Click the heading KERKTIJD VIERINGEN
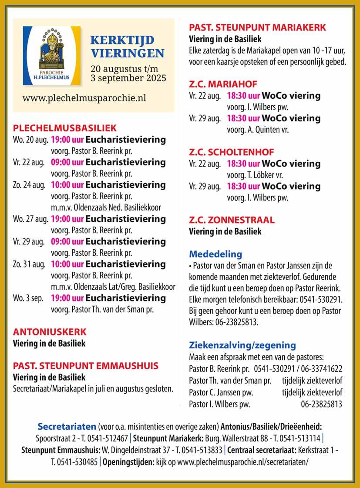tap(127, 47)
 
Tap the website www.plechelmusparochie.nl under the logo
tap(84, 97)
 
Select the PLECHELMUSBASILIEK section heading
tap(65, 128)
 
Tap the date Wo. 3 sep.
tap(27, 299)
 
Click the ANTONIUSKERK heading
tap(50, 331)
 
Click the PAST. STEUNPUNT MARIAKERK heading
tap(257, 28)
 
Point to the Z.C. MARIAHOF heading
tap(223, 84)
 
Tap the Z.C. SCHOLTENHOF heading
tap(232, 152)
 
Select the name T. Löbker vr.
tap(266, 175)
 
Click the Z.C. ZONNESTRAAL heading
tap(232, 220)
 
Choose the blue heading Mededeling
tap(215, 254)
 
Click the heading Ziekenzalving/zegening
tap(242, 345)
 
